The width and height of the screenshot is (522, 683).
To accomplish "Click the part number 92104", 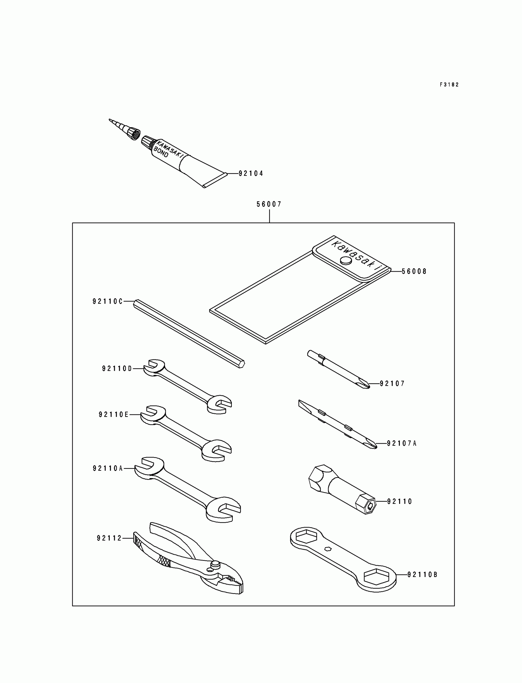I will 251,174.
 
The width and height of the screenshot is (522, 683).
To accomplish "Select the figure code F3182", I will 449,84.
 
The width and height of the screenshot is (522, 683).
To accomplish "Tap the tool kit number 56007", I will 269,204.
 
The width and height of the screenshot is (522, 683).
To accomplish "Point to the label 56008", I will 414,271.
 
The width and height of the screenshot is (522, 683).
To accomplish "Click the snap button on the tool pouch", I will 346,261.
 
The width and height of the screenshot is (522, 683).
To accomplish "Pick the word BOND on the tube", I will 161,151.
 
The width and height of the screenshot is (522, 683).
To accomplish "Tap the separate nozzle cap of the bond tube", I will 131,133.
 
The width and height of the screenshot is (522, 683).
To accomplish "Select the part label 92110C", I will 107,301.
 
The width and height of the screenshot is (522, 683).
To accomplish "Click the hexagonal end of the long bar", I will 241,364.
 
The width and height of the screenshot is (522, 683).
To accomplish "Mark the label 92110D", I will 117,369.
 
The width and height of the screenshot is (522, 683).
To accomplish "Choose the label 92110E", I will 114,414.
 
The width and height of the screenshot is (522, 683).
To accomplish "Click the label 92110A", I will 108,468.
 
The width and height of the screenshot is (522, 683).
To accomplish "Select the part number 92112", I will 109,538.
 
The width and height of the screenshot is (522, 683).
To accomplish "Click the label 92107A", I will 402,443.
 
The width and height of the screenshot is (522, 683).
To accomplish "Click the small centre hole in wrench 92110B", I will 328,548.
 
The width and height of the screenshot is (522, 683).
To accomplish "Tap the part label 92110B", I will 422,575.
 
